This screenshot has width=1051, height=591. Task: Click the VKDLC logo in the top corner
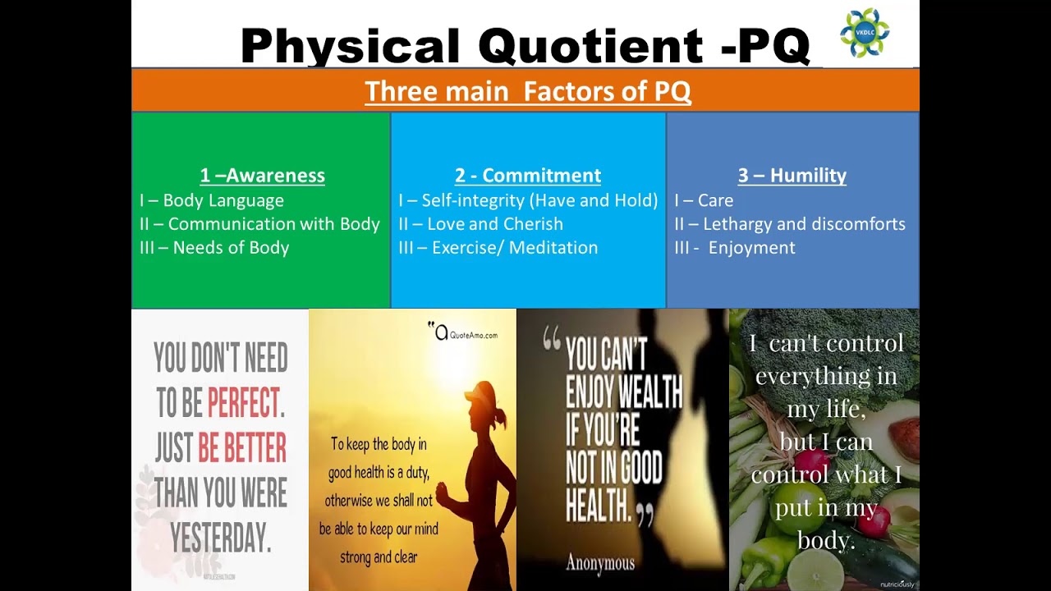coord(865,33)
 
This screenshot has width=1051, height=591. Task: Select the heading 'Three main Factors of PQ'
coord(527,91)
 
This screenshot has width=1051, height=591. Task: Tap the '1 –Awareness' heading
coord(262,175)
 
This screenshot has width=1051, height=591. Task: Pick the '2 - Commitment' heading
coord(527,175)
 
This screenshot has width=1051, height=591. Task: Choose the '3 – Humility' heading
coord(792,175)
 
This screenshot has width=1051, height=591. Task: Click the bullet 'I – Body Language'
coord(212,200)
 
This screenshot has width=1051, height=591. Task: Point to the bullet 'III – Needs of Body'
coord(214,248)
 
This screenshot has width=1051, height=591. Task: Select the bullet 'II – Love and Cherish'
coord(480,224)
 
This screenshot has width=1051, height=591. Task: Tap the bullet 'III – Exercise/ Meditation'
coord(498,248)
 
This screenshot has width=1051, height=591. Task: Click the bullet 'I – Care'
coord(704,200)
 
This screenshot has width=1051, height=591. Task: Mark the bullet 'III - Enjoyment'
coord(735,248)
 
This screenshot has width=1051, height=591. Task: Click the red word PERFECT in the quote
coord(242,403)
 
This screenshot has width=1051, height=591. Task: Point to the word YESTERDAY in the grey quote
coord(220,538)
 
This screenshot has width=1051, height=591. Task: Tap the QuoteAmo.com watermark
coord(465,333)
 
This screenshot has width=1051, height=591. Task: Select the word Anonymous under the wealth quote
coord(599,563)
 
